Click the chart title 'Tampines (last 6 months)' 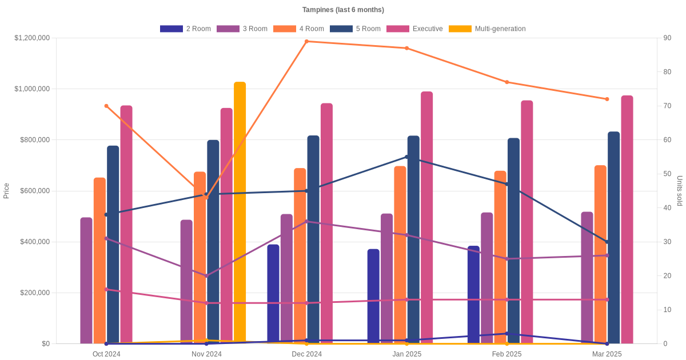coord(343,10)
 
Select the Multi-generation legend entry coord(487,29)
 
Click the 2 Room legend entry coord(185,29)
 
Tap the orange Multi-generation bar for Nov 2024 coord(240,213)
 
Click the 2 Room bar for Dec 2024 coord(273,294)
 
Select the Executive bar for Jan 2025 coord(427,218)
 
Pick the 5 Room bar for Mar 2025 coord(613,238)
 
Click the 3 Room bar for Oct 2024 coord(86,281)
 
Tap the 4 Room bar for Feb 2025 coord(500,257)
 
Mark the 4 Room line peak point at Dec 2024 coord(307,41)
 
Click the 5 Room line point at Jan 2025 coord(407,157)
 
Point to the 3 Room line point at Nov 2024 coord(206,276)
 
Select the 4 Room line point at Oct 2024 coord(106,106)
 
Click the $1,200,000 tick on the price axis coord(32,38)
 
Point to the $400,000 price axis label coord(34,242)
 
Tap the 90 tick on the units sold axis coord(667,38)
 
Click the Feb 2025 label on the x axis coord(506,354)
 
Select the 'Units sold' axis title coord(679,191)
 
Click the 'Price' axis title coord(6,191)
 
